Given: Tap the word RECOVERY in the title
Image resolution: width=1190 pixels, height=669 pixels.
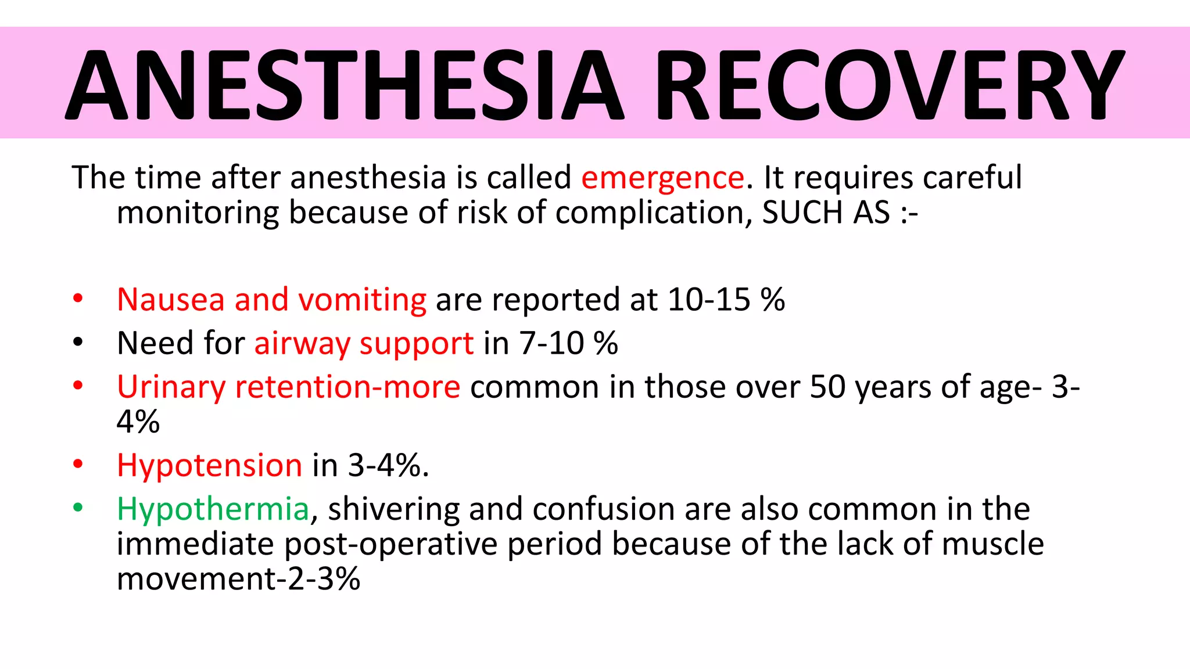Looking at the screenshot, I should point(889,84).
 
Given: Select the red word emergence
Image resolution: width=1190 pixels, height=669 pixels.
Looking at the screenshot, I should point(662,178).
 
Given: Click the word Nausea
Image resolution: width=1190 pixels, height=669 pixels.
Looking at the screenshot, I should point(171,300).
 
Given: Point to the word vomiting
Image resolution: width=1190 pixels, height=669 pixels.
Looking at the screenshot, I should point(362,300).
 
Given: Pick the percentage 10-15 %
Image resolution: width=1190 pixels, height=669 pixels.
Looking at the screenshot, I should point(726,300).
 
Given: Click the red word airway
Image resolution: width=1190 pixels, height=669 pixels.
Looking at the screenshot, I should point(302,344).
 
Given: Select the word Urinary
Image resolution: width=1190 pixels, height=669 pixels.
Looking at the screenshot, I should point(171,387).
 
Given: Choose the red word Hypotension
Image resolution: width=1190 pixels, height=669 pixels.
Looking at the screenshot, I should point(209,466).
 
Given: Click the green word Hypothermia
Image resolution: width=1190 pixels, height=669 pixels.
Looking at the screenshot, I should point(213,510).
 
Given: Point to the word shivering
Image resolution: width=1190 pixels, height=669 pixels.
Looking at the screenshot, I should point(393,510).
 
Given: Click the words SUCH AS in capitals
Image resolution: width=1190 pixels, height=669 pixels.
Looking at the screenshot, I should point(826,213).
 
